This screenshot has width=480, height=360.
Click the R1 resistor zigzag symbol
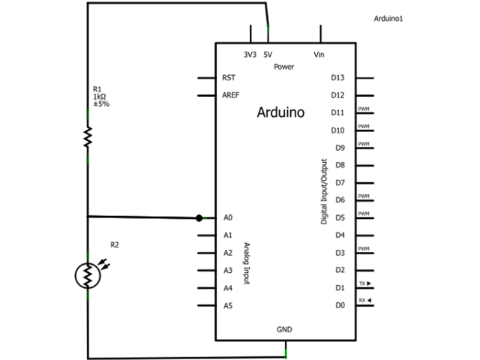[x=88, y=136]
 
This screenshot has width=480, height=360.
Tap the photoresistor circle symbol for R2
[x=88, y=275]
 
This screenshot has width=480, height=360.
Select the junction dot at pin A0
[x=199, y=218]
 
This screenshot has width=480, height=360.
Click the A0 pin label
[x=228, y=217]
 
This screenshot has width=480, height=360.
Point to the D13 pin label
[x=337, y=78]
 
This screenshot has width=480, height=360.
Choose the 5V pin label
[x=268, y=54]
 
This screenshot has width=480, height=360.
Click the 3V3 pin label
[x=250, y=54]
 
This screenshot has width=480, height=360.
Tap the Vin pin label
[x=319, y=54]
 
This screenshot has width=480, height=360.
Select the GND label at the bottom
[x=284, y=329]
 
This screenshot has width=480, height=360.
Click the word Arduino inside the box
[x=280, y=113]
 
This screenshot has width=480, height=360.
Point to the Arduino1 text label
[x=388, y=18]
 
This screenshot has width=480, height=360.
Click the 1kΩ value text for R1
[x=99, y=97]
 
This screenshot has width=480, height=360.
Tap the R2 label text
[x=115, y=244]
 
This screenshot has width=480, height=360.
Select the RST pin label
[x=229, y=78]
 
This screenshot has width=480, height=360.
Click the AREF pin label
[x=230, y=95]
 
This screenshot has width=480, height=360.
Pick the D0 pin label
[x=339, y=305]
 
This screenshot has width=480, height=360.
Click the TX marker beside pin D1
[x=364, y=283]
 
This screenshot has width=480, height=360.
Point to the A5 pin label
[x=228, y=305]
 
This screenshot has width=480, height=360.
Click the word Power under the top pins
[x=283, y=67]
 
